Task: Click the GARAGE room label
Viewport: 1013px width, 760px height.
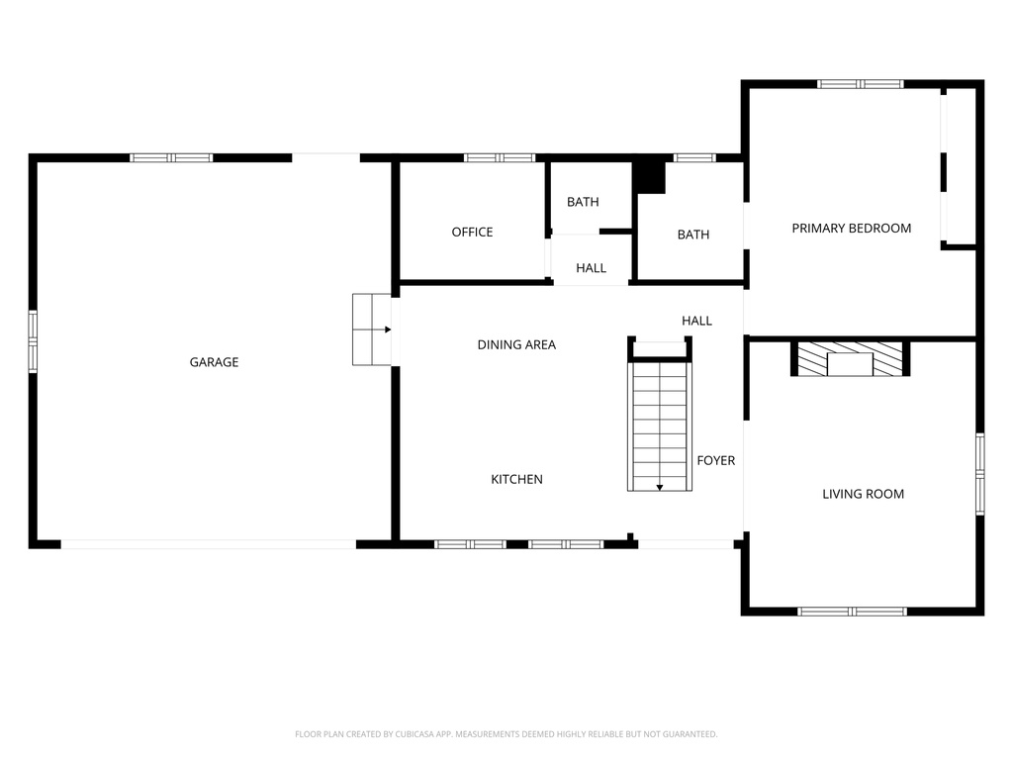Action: (x=214, y=362)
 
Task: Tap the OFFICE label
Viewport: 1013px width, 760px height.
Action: (x=472, y=232)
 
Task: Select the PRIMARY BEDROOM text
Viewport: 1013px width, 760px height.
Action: (x=851, y=228)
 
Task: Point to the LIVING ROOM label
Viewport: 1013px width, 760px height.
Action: (x=863, y=494)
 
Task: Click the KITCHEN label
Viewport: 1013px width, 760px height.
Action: (x=516, y=479)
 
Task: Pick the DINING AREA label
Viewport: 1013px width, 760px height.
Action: (x=516, y=344)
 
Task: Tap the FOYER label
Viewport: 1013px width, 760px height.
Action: (x=715, y=460)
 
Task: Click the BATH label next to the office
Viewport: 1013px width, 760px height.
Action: (x=583, y=202)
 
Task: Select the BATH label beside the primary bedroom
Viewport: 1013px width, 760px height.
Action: (x=692, y=235)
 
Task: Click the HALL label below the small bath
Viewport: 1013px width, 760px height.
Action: (x=591, y=268)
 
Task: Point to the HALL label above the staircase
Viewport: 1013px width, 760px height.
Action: (x=696, y=321)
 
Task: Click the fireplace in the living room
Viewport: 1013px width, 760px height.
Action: (x=850, y=359)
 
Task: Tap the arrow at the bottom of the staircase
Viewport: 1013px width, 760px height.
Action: (x=660, y=486)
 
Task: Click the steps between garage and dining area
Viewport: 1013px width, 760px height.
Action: (x=371, y=330)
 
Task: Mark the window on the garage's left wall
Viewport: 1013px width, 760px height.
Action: (x=33, y=341)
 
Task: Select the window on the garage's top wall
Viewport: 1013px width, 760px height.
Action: (x=171, y=157)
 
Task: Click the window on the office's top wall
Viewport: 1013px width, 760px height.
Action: (x=500, y=157)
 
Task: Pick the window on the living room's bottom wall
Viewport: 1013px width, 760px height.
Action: (x=852, y=612)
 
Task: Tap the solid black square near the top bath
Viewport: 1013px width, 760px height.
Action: (x=649, y=176)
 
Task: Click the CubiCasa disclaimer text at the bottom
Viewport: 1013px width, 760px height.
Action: (x=506, y=734)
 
